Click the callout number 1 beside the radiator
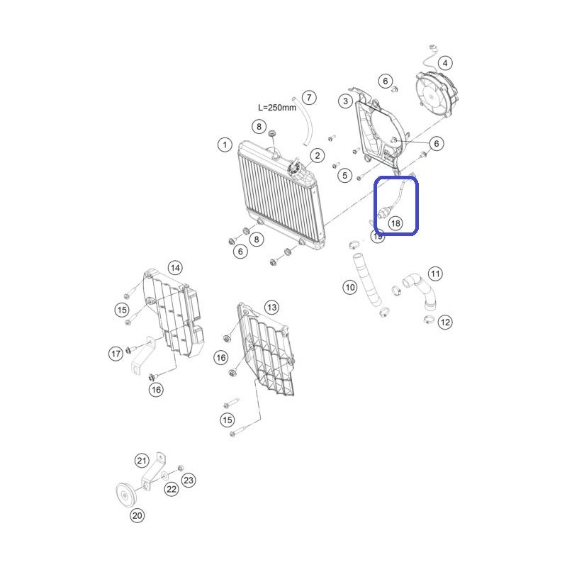point(225,145)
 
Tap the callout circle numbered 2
point(317,156)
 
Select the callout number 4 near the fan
point(445,63)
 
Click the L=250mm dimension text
point(277,108)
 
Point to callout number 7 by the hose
point(309,97)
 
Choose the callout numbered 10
point(349,288)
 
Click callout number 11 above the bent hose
point(435,274)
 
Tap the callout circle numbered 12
point(445,322)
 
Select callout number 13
point(271,308)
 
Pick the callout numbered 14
point(175,268)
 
